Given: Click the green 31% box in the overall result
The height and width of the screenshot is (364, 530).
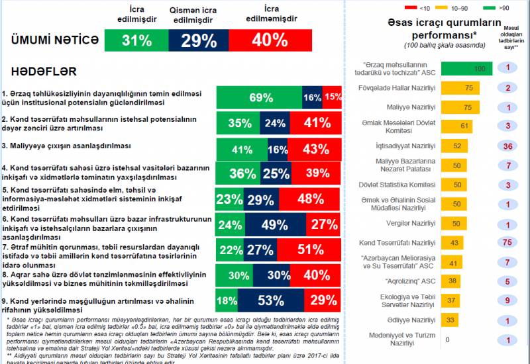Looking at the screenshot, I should coord(136,40).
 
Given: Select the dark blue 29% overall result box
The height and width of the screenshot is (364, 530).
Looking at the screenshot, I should coord(199,40).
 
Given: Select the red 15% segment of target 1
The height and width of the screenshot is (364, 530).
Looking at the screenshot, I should coord(333,97).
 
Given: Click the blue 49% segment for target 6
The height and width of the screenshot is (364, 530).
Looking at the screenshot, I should coord(273,224).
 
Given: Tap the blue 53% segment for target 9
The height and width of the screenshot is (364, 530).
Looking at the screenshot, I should coord(270,300).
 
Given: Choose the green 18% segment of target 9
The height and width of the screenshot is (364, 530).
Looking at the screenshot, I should coord(227,300).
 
